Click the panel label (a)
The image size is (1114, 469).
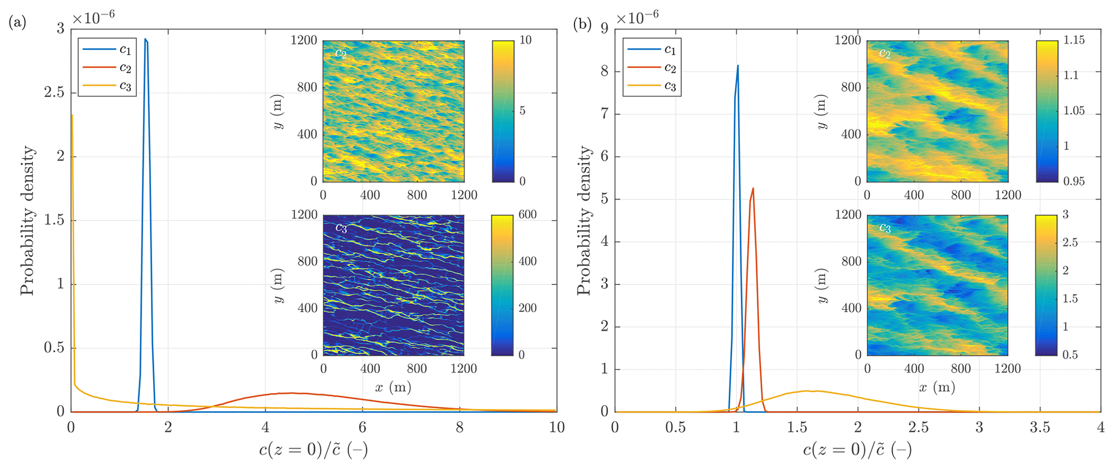(x=17, y=23)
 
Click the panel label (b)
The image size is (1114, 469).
(x=582, y=24)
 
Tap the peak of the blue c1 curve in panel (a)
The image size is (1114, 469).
(x=146, y=39)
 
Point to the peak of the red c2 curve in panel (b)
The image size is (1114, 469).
(x=752, y=189)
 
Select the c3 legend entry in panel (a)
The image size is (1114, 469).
(x=125, y=86)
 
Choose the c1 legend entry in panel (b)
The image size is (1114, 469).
(x=669, y=50)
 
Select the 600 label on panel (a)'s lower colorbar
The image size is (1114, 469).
(x=527, y=215)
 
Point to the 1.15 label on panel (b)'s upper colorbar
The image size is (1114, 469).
(x=1074, y=40)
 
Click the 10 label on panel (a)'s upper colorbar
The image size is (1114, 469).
(x=525, y=40)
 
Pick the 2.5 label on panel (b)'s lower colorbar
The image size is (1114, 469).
(x=1070, y=243)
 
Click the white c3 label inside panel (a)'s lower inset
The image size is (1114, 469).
(x=341, y=227)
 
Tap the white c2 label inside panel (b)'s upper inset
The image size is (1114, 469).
(x=884, y=53)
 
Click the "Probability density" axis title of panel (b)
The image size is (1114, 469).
(x=584, y=220)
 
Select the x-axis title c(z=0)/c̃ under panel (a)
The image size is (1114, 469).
(x=314, y=450)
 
